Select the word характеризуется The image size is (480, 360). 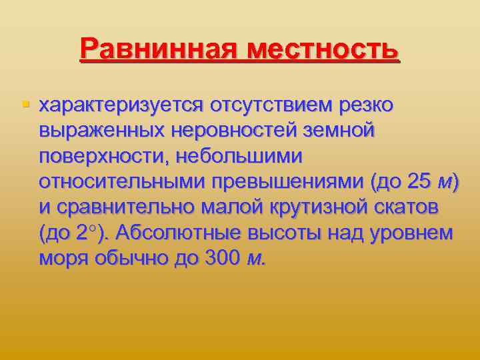pos(121,105)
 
